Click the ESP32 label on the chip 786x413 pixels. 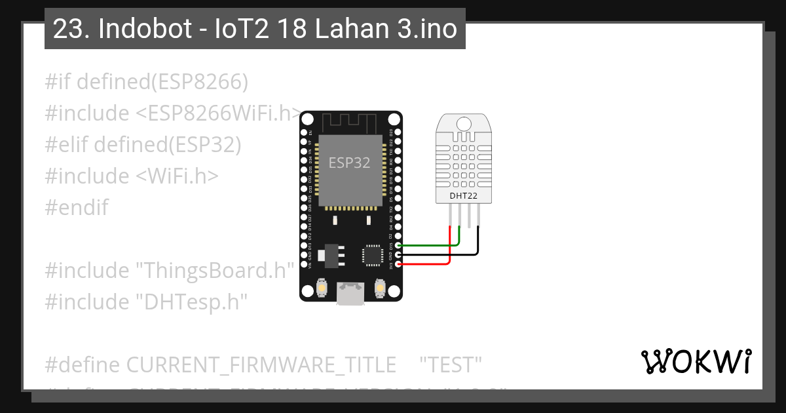pyautogui.click(x=349, y=163)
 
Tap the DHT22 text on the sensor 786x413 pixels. pyautogui.click(x=463, y=195)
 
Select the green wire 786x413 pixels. pyautogui.click(x=426, y=245)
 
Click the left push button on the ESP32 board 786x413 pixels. pyautogui.click(x=322, y=287)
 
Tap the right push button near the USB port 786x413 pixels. pyautogui.click(x=379, y=287)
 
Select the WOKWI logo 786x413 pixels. pyautogui.click(x=696, y=361)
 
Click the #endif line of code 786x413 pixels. pyautogui.click(x=77, y=208)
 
